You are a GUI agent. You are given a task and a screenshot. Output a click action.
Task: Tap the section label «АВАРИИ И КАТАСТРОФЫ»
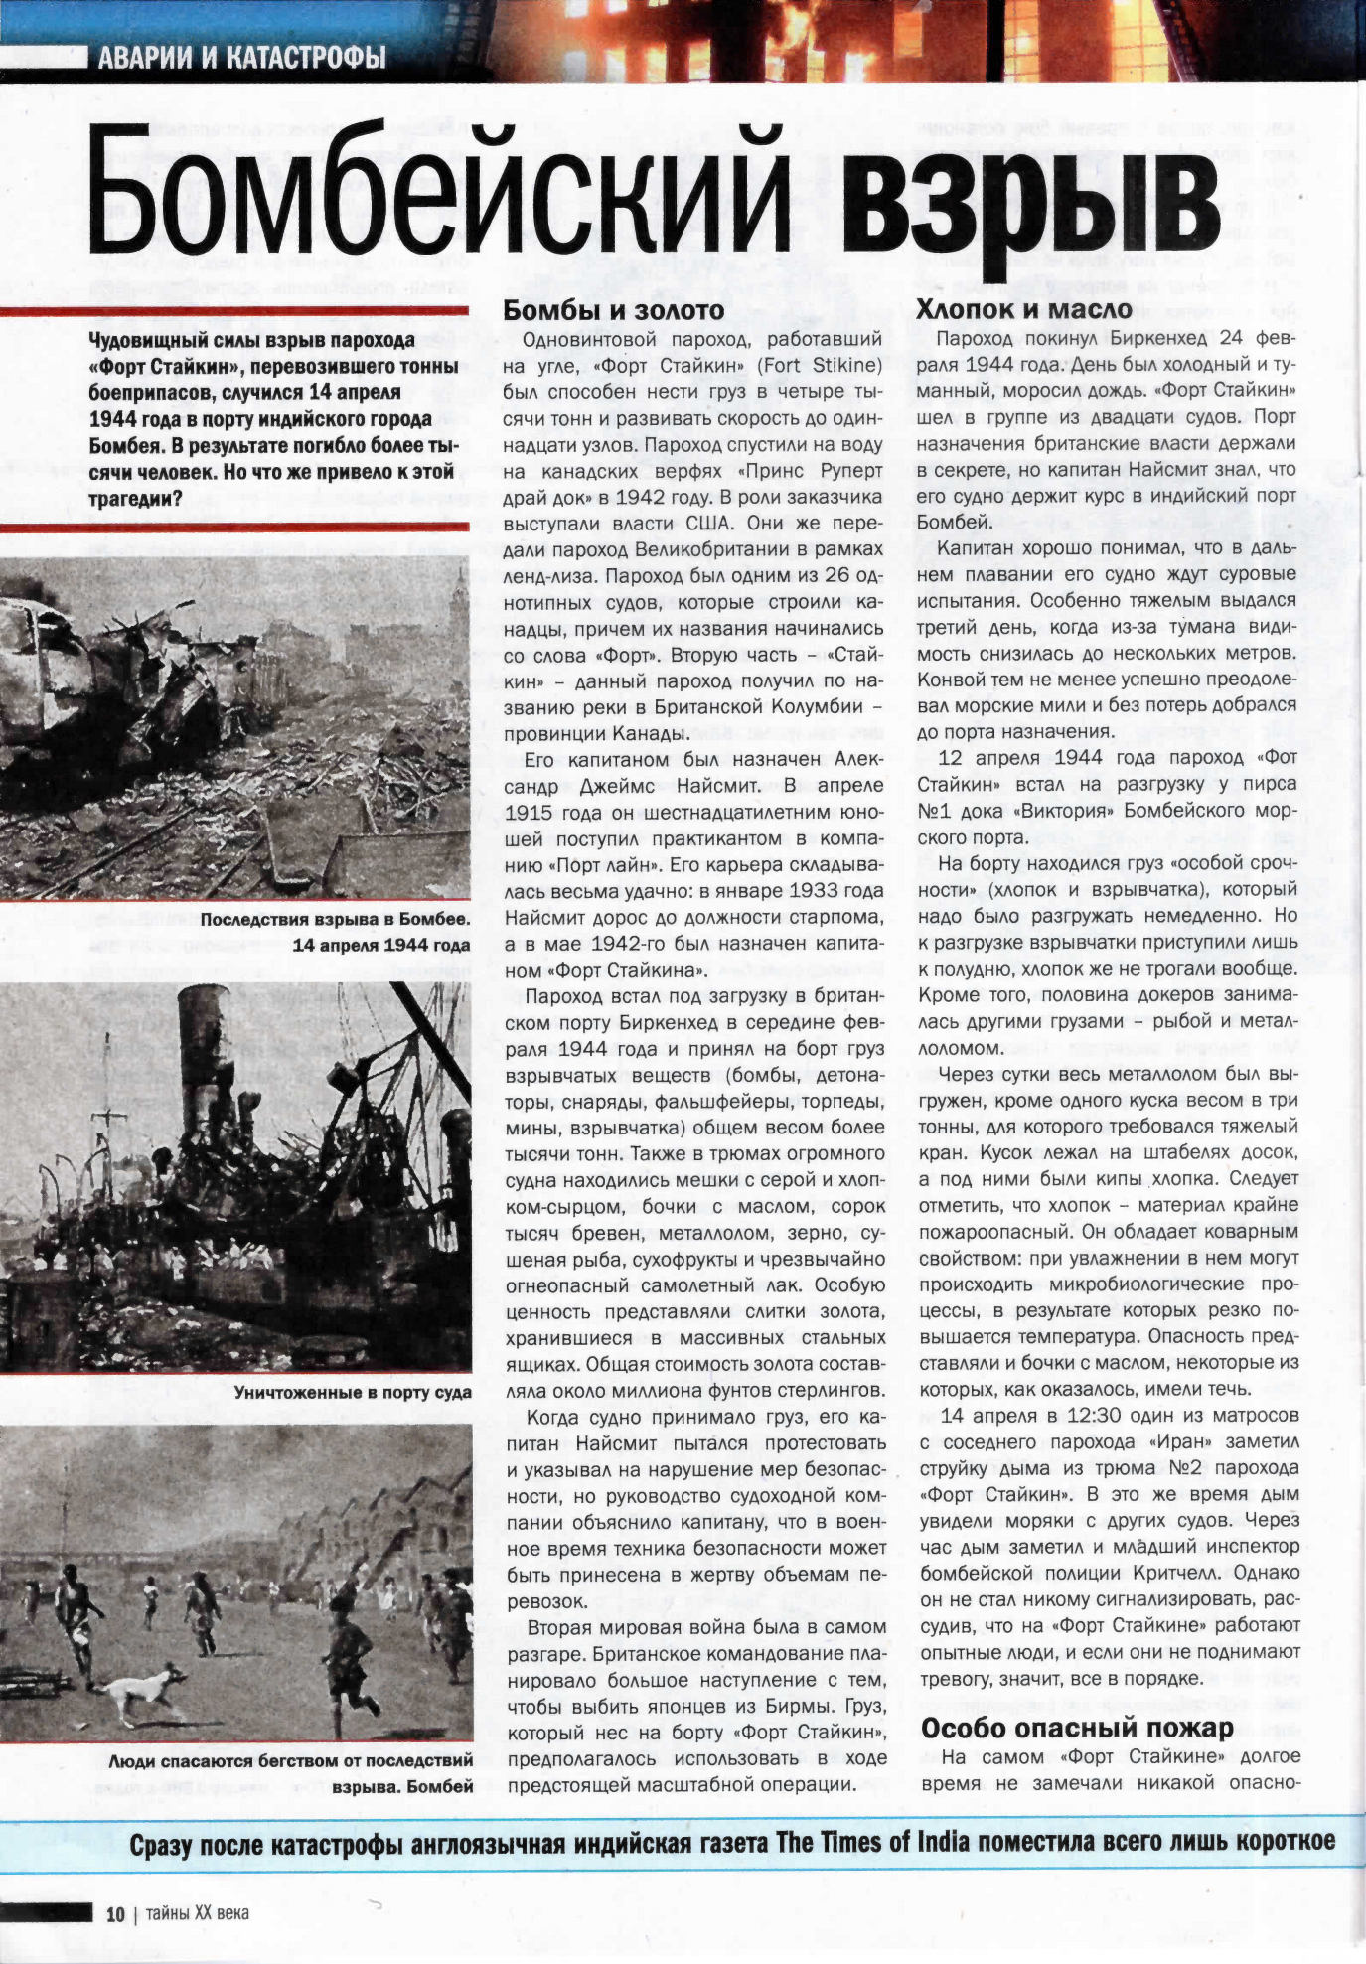pyautogui.click(x=241, y=58)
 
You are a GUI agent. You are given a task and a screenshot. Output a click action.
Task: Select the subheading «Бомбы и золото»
pyautogui.click(x=614, y=310)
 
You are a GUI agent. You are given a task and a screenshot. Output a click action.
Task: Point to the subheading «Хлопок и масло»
pyautogui.click(x=1024, y=309)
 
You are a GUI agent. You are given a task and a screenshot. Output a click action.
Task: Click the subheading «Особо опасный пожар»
pyautogui.click(x=1077, y=1728)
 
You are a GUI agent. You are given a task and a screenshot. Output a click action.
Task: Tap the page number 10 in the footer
pyautogui.click(x=115, y=1914)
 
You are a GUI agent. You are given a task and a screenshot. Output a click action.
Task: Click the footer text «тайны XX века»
pyautogui.click(x=197, y=1913)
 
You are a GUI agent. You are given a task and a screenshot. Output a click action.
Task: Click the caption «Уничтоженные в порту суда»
pyautogui.click(x=353, y=1392)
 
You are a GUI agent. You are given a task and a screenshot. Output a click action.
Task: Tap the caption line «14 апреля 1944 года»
pyautogui.click(x=381, y=945)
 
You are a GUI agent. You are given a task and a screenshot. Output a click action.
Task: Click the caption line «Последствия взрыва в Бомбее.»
pyautogui.click(x=336, y=919)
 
